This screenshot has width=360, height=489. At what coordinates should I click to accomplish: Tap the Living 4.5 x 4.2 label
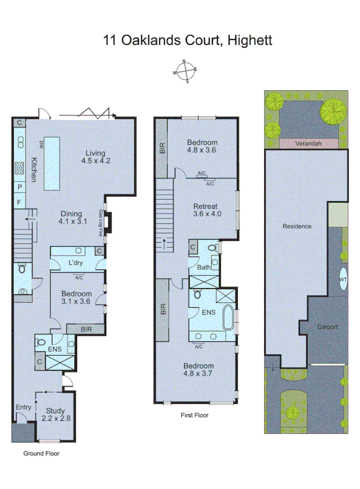click(96, 157)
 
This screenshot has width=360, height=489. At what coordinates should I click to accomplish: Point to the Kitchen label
click(34, 170)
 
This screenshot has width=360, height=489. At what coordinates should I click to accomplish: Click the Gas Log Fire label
click(101, 223)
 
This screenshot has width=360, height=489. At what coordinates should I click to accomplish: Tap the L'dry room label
click(76, 263)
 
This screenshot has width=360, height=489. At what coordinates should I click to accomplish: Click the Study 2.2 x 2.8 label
click(55, 415)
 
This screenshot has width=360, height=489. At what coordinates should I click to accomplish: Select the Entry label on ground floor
click(23, 408)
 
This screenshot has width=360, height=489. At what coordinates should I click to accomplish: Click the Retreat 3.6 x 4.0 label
click(207, 209)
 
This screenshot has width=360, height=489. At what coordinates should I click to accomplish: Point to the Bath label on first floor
click(204, 268)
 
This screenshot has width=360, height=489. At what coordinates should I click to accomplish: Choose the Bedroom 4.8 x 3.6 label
click(202, 145)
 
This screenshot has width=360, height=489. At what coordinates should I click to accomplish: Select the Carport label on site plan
click(327, 326)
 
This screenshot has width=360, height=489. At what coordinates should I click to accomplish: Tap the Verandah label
click(309, 143)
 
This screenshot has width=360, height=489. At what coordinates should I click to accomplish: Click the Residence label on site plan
click(297, 226)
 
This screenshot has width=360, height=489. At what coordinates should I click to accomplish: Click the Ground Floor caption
click(41, 453)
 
